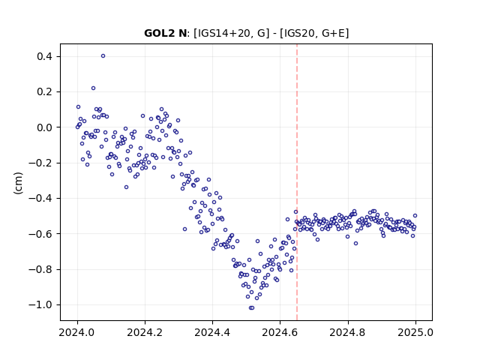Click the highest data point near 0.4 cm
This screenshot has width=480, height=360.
coord(103,56)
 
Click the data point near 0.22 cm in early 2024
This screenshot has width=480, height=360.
coord(93,88)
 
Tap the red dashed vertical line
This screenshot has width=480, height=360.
coord(297,182)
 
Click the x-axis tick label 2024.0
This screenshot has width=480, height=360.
coord(77,332)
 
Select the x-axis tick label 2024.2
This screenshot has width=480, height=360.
coord(145,332)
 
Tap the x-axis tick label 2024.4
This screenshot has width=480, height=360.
coord(212,332)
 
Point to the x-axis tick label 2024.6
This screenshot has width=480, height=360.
coord(280,332)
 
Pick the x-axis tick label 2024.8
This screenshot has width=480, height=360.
coord(348,332)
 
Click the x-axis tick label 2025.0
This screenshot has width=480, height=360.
coord(415,332)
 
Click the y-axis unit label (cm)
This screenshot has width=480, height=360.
coord(18,183)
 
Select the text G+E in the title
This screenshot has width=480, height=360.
coord(333,33)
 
